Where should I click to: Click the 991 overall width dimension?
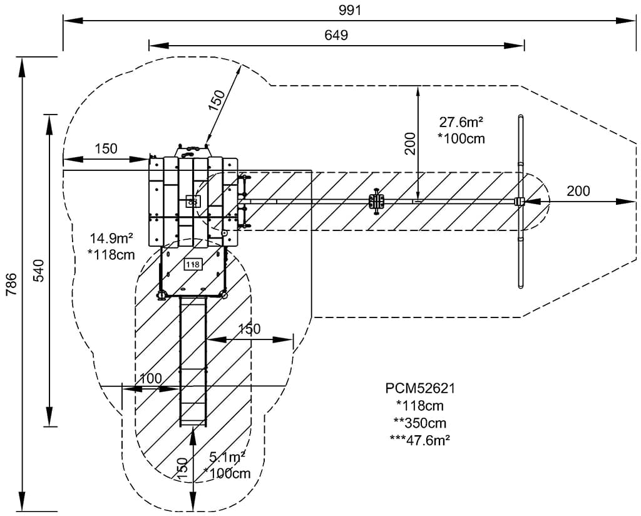click(x=351, y=10)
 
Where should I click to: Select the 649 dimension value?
click(x=336, y=35)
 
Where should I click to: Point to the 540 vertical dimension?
click(x=38, y=270)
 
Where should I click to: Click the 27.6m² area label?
click(x=463, y=122)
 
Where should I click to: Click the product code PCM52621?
click(x=420, y=388)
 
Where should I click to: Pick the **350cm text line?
click(x=420, y=422)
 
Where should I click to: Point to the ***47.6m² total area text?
click(x=420, y=439)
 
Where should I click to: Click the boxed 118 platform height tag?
click(x=193, y=264)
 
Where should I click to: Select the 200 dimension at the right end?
click(x=578, y=191)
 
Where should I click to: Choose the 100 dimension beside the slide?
click(x=150, y=378)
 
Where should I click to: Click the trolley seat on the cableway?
click(x=376, y=201)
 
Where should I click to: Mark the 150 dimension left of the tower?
click(x=106, y=149)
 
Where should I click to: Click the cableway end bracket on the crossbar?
click(x=519, y=202)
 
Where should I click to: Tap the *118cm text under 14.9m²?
click(x=113, y=254)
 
